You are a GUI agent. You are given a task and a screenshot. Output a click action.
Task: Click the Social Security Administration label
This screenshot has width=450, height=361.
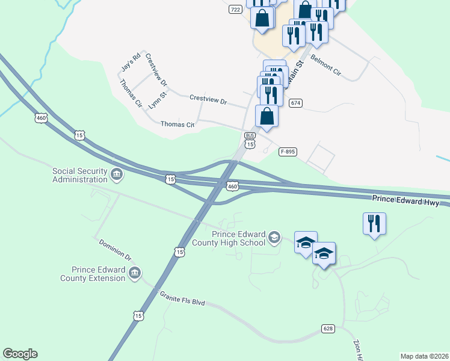(x=79, y=174)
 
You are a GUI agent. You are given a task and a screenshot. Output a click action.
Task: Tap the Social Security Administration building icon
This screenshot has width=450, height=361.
(x=117, y=175)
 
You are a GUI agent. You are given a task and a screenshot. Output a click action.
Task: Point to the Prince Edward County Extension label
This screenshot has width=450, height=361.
(x=93, y=274)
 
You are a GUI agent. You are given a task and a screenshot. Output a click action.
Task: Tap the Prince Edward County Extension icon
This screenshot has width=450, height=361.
(x=135, y=274)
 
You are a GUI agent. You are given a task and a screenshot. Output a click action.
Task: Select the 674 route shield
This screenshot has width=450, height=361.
(x=295, y=103)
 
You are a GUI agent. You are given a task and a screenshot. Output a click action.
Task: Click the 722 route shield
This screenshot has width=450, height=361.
(x=235, y=10)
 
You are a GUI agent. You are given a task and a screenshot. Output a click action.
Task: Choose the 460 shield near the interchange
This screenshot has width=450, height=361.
(x=233, y=187)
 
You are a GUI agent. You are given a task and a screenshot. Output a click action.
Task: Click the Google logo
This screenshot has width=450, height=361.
(x=20, y=354)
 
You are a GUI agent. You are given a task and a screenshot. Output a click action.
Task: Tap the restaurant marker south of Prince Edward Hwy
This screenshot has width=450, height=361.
(x=374, y=224)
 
